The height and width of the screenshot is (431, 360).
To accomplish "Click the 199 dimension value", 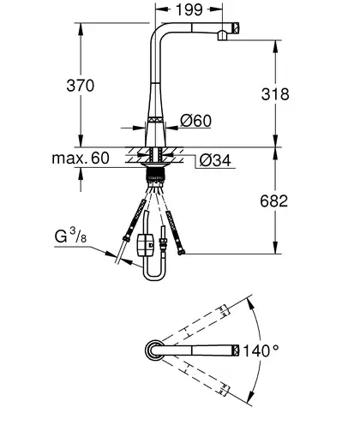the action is pos(189,9).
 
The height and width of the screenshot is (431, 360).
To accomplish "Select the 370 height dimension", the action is pos(81,86).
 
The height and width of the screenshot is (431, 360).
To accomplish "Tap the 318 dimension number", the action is pos(275,94).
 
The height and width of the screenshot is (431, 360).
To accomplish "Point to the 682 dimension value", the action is pos(274,201).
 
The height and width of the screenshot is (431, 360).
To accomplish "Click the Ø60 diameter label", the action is pos(196,121).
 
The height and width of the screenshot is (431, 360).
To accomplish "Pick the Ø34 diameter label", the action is pos(215,160).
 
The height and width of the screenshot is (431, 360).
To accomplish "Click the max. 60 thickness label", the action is pos(81,158).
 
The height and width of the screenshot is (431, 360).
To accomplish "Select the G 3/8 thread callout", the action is pos(70,236).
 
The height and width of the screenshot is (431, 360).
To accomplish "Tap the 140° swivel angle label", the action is pos(261,350).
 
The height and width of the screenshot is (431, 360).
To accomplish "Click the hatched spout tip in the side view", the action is pos(236,28).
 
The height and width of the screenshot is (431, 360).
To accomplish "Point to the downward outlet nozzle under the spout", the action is pos(222,35).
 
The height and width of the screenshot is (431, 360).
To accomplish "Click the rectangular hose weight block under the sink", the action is pos(146,245).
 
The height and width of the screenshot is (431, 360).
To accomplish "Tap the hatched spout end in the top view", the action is pos(236,350).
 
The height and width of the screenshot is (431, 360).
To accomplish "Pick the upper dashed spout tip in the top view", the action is pos(225,310).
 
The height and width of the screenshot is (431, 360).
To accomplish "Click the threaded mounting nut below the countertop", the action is pos(155,175).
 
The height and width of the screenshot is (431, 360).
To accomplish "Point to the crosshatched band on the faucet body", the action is pos(156,120).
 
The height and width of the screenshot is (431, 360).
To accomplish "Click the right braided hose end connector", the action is pos(181,252).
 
